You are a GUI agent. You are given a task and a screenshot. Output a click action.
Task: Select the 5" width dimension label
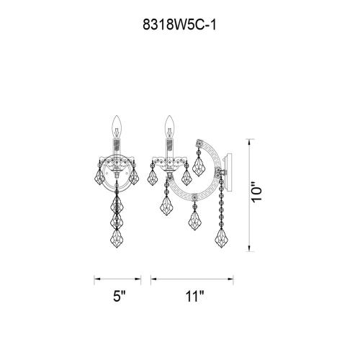coord(119,297)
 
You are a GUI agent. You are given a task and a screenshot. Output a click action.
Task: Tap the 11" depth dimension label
coord(194,297)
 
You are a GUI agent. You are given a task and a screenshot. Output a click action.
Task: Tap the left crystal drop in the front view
coord(96,178)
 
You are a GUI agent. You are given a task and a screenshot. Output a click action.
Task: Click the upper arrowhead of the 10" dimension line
coord(249,138)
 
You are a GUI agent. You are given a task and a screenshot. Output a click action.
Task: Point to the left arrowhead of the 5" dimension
coord(96,277)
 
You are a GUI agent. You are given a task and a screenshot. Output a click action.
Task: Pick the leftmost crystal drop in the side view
coord(152,176)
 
